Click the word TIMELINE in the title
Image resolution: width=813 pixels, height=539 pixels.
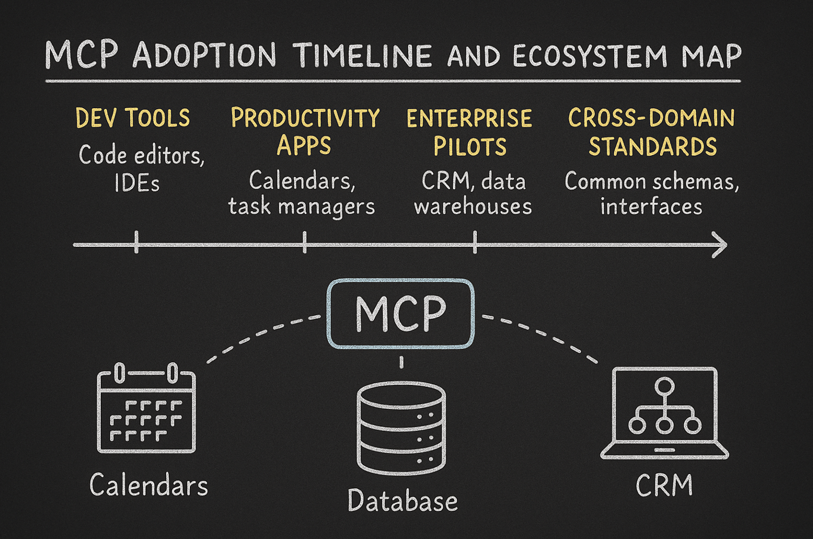point(363,56)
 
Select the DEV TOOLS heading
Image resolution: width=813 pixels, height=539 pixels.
point(133,118)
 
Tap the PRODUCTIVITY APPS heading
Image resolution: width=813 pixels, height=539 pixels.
point(305,131)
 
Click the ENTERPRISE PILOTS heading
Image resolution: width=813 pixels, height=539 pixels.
point(469,132)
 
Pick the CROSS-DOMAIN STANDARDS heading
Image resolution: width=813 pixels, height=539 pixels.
point(651,132)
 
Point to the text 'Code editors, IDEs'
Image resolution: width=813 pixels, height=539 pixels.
point(141,168)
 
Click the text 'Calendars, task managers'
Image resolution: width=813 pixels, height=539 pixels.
point(302,193)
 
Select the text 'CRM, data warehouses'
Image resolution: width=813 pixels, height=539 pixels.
point(473,193)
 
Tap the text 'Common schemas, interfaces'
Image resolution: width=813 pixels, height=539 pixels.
point(651,193)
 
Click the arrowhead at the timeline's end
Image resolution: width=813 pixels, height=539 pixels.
point(720,245)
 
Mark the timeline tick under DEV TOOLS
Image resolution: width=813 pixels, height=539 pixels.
point(137,242)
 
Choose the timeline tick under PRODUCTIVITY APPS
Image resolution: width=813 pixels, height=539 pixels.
point(305,242)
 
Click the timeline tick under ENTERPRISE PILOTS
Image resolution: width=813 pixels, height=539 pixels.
point(475,242)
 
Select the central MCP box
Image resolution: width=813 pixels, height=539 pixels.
point(401,313)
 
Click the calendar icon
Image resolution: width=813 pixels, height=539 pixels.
point(146,409)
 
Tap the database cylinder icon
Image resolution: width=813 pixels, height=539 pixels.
point(401,427)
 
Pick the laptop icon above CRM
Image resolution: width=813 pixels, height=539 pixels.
point(664,413)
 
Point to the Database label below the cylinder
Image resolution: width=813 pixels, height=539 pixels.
point(403,501)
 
